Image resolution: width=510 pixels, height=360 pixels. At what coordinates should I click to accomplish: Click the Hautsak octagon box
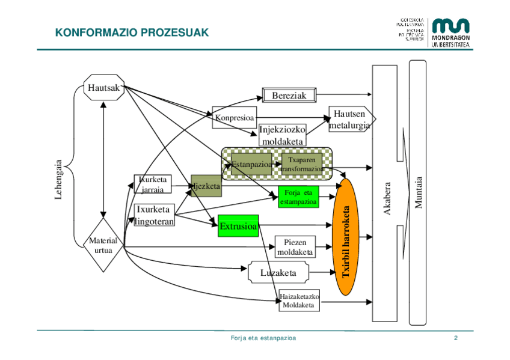104,88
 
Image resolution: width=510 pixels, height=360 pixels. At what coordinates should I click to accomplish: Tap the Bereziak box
289,95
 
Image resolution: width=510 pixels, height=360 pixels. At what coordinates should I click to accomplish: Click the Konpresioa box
235,117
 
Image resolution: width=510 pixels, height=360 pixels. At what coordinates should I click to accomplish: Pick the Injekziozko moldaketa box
282,135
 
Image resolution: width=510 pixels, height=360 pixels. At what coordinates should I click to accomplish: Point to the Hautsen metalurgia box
351,120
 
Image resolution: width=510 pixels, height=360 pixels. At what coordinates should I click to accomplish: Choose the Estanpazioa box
251,164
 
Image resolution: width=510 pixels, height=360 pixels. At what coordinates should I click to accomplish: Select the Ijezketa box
206,187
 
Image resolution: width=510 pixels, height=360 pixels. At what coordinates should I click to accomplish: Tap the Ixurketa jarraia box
153,184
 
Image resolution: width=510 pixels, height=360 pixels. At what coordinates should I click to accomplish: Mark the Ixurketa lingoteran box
155,215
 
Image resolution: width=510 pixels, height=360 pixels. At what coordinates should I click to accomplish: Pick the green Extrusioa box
238,226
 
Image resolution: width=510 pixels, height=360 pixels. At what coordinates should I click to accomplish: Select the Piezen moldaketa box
295,246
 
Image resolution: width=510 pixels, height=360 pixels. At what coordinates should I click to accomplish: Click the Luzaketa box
278,273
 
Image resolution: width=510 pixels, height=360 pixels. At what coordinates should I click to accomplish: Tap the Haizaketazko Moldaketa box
299,300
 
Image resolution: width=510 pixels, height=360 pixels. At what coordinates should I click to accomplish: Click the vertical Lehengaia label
58,180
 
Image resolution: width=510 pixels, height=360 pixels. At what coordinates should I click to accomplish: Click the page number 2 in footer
456,339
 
